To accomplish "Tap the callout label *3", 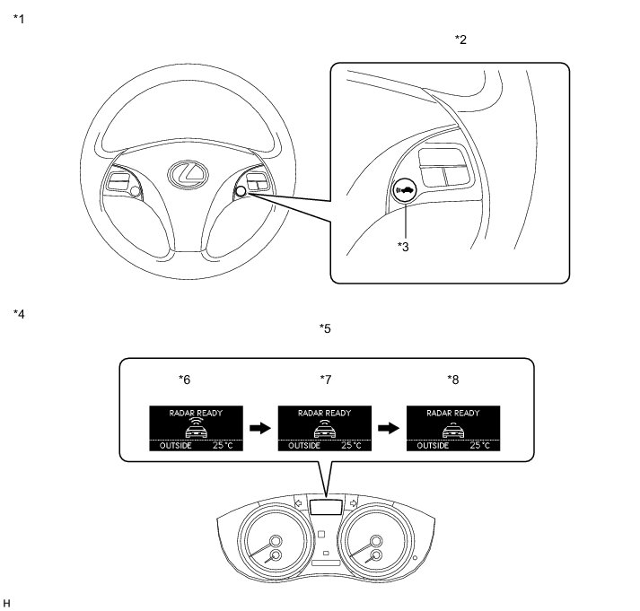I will (x=405, y=246).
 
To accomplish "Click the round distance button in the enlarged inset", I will (x=405, y=190).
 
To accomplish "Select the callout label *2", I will (x=461, y=39).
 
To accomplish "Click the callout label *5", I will (x=325, y=328).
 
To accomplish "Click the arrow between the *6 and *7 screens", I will (x=259, y=429).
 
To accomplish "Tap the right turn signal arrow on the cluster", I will (x=355, y=503).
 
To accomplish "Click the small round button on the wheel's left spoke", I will (x=134, y=190).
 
